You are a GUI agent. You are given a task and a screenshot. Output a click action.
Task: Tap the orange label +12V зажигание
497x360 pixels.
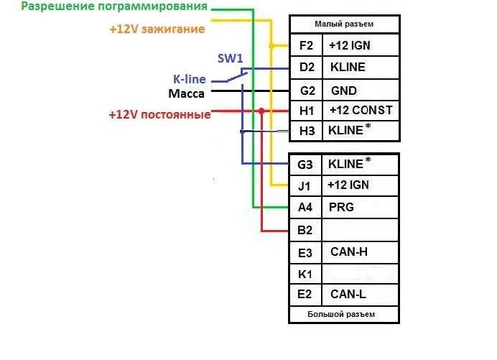coord(157,29)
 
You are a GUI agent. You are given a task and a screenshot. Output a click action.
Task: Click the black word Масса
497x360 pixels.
coord(187,94)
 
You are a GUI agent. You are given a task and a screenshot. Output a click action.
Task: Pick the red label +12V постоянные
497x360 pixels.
coord(159,114)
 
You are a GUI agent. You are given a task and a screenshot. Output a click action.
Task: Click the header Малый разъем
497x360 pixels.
coord(344,24)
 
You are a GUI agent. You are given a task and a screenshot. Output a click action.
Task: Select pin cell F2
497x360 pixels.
coord(307,45)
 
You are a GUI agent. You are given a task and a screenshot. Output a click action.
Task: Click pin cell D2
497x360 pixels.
coord(307,68)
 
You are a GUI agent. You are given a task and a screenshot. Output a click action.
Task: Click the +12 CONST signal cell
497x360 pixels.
coord(360,111)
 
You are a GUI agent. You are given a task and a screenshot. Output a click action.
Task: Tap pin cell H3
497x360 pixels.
coord(307,131)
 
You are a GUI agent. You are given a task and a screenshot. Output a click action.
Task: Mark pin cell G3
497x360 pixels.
coord(305,165)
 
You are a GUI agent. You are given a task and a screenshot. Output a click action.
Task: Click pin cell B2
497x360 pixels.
coord(305,230)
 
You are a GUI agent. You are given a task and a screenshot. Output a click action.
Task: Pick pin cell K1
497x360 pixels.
coord(305,273)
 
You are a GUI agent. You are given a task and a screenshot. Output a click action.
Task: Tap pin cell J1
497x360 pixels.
coord(305,185)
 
